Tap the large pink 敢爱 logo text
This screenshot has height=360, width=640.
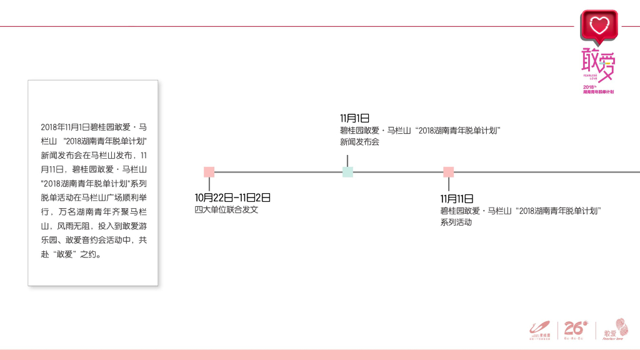pos(598,64)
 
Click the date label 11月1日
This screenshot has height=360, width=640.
pos(355,118)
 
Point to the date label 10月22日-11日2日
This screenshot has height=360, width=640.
pos(232,198)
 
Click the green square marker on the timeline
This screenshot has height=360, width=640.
pos(347,172)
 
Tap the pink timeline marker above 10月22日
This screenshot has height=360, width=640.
pos(209,172)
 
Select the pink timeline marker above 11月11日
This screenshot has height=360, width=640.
pos(448,172)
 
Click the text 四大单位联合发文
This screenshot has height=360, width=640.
pos(226,210)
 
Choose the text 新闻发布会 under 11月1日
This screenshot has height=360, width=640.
pos(359,142)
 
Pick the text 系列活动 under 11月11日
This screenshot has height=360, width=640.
pos(456,222)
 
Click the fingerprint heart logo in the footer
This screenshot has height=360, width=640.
pos(622,326)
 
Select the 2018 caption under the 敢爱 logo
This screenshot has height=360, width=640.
pos(598,89)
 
